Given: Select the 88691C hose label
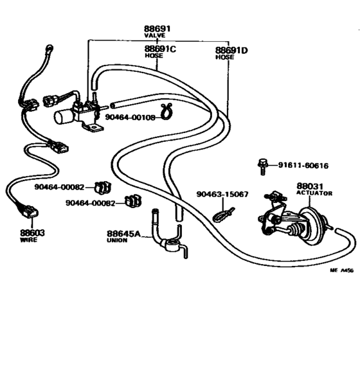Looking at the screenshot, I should tap(159, 49).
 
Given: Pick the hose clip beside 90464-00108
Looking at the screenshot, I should tap(167, 114).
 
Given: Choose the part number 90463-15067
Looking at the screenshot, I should tap(222, 194).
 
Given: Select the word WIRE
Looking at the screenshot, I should tap(29, 240).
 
